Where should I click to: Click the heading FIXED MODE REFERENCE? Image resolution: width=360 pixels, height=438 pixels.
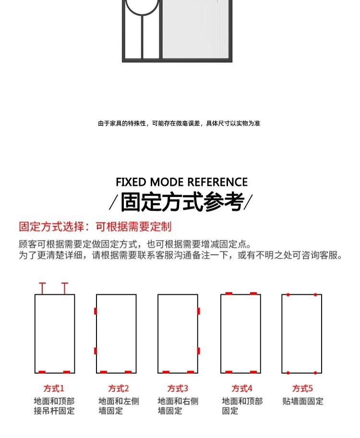point(181,182)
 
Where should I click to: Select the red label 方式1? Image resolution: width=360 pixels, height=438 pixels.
point(54,388)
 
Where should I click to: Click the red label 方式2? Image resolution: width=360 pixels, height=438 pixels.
point(118,388)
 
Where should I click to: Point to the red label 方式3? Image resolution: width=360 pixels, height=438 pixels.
point(178,388)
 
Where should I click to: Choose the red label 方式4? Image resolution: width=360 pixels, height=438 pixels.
point(242,388)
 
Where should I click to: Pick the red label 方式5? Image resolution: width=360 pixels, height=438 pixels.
point(302,388)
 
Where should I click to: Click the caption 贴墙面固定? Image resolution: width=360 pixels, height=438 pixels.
point(303,401)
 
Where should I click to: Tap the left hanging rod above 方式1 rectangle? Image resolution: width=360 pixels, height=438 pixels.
point(43,288)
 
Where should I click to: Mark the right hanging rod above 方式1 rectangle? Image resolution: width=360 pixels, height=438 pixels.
point(65,288)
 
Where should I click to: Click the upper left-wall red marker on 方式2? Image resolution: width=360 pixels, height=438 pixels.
point(96,311)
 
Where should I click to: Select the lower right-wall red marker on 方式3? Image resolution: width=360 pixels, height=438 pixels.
point(198,351)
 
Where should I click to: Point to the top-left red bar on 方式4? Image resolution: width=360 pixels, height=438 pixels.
point(229,293)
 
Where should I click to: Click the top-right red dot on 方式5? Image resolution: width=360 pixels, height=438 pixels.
point(315,294)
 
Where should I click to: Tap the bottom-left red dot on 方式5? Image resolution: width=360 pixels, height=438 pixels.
point(288,373)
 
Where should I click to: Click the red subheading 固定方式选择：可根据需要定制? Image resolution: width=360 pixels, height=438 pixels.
point(95,227)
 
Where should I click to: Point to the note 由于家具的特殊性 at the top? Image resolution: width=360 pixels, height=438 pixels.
point(179,123)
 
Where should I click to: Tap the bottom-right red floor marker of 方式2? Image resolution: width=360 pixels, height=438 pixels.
point(128,372)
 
